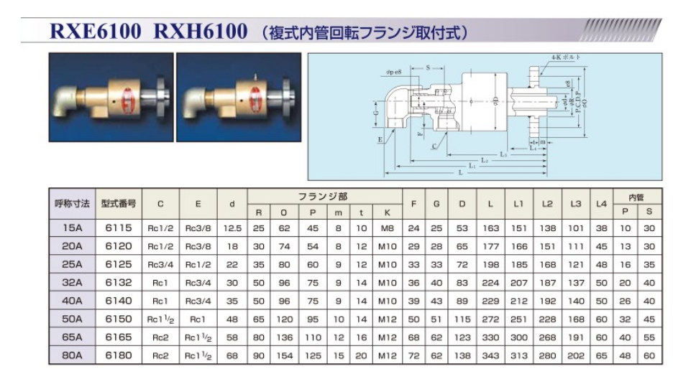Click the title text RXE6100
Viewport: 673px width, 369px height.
(x=94, y=32)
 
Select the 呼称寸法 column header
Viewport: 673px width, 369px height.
(x=72, y=203)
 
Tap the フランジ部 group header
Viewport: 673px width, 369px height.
(x=325, y=195)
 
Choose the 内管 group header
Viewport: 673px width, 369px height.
(x=636, y=195)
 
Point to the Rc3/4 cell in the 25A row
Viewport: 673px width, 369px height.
(x=160, y=264)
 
